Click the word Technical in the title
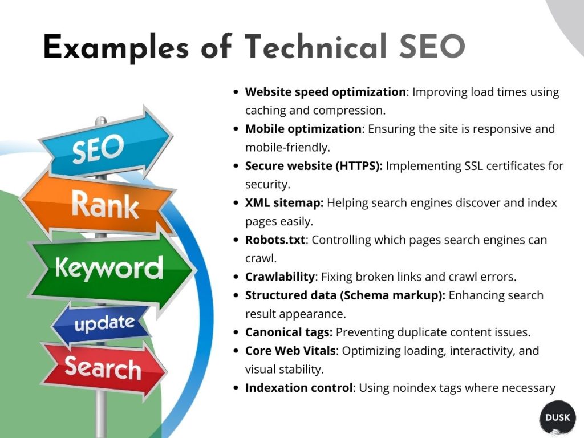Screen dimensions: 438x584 click(309, 47)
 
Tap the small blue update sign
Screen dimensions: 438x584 click(103, 324)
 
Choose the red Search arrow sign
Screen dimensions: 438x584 click(103, 367)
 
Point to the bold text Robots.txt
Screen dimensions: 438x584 click(275, 240)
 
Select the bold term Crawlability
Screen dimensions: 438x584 click(279, 277)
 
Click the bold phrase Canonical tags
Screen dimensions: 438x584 click(289, 332)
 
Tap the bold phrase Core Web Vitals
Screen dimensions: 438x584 click(290, 350)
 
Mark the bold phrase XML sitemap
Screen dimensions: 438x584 click(284, 202)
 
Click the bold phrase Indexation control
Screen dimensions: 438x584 click(298, 388)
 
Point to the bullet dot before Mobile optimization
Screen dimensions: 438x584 click(236, 129)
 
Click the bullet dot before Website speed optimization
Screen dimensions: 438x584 click(236, 92)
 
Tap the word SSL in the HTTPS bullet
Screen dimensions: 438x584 click(460, 166)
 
